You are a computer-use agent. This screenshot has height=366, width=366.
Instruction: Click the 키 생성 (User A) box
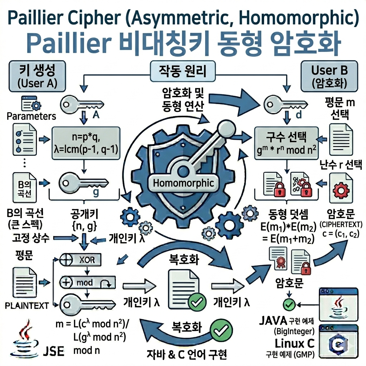[37, 76]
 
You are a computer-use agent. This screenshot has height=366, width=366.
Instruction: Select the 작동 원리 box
[182, 71]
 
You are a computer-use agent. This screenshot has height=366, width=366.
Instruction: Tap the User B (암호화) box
[329, 76]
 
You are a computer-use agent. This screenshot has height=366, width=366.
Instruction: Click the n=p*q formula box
[86, 143]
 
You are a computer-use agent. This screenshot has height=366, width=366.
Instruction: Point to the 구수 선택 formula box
[286, 143]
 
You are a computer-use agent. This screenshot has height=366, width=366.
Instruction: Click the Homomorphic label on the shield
[183, 183]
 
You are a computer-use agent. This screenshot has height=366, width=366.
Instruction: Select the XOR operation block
[80, 259]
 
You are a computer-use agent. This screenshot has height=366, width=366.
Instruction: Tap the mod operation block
[88, 282]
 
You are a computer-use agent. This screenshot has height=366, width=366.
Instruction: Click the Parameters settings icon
[31, 103]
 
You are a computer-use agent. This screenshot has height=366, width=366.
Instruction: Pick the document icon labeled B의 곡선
[25, 187]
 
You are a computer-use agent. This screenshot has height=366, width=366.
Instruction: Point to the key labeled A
[82, 104]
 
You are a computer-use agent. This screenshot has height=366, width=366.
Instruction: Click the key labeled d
[285, 104]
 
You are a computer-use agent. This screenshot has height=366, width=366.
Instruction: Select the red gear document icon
[341, 188]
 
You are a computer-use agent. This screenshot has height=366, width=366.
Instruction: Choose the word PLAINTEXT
[26, 306]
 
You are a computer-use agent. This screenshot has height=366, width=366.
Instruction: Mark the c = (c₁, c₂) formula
[341, 234]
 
